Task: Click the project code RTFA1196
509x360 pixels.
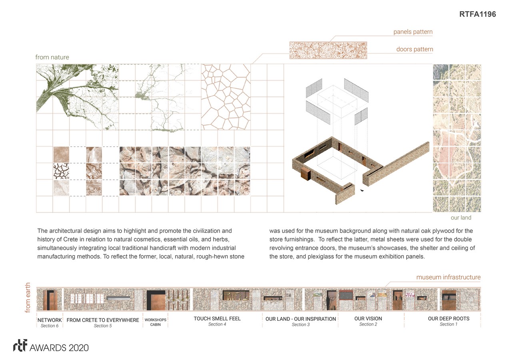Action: (477, 14)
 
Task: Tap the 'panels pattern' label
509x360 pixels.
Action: (413, 32)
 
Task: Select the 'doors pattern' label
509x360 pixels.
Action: (415, 49)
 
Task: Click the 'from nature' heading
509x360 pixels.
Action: (52, 57)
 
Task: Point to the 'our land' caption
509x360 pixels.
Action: (461, 218)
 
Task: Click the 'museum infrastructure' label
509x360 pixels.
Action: (448, 277)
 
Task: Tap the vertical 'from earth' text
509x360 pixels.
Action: (28, 298)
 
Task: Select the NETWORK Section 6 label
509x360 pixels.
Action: (50, 323)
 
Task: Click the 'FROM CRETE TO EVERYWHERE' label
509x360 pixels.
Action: (103, 320)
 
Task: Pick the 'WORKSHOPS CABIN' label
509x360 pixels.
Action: (156, 322)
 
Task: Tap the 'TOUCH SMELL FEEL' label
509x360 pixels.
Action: (217, 319)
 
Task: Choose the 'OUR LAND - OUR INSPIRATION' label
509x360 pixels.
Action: (301, 319)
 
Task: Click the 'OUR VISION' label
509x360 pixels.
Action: (368, 319)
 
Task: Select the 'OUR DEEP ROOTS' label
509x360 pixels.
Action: (449, 319)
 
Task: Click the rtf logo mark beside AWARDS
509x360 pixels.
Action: (20, 346)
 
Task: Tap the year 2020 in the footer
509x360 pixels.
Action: (78, 348)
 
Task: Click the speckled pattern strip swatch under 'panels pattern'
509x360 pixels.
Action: (328, 50)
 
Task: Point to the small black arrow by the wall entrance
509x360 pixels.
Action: (362, 190)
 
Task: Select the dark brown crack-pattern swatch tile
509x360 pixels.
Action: (61, 171)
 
